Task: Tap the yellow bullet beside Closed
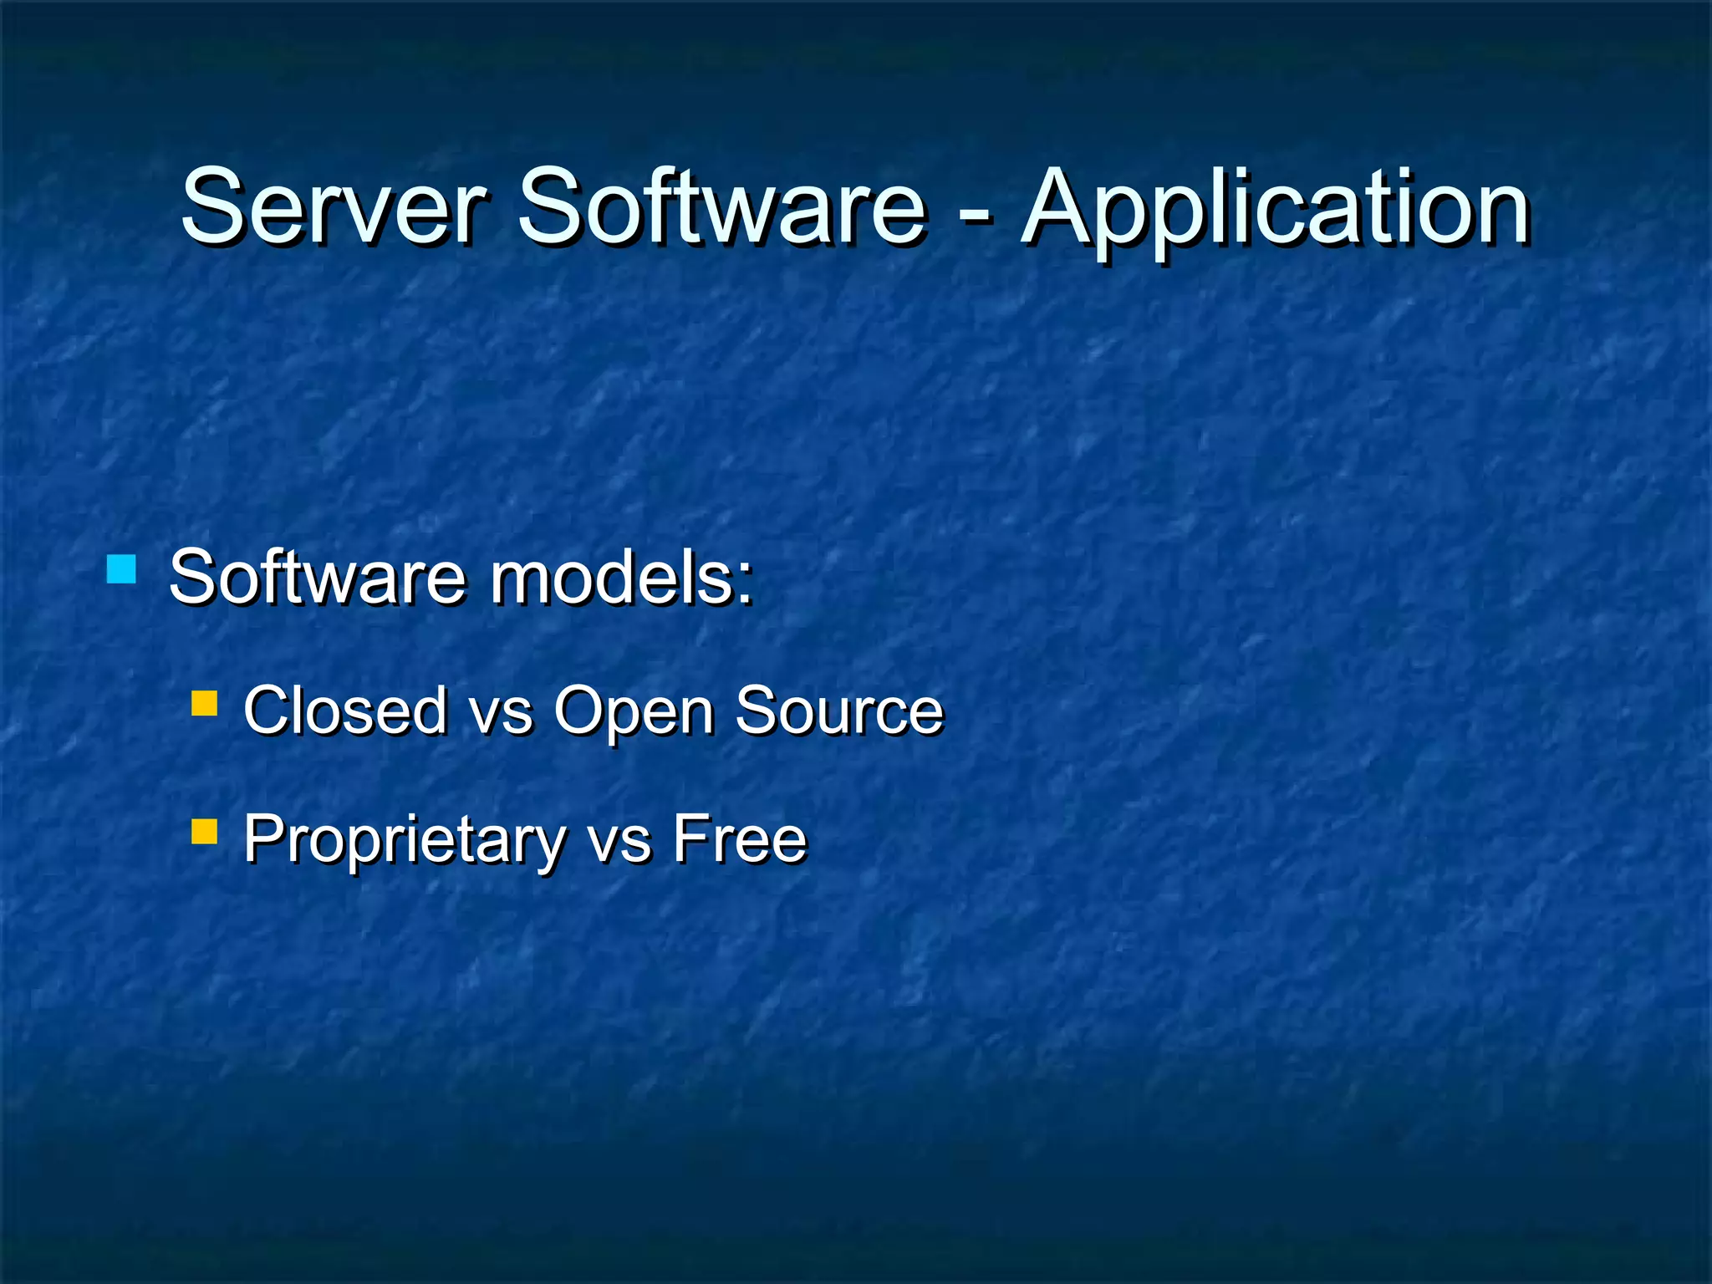pyautogui.click(x=204, y=703)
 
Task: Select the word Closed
pyautogui.click(x=345, y=711)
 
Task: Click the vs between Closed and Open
pyautogui.click(x=500, y=716)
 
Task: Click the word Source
pyautogui.click(x=838, y=711)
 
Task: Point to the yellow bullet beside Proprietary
pyautogui.click(x=204, y=832)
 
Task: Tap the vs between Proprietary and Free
pyautogui.click(x=619, y=844)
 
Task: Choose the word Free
pyautogui.click(x=740, y=838)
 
